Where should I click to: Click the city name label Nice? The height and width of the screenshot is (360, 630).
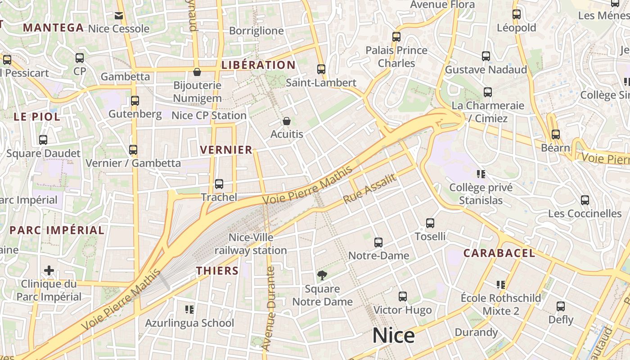(393, 336)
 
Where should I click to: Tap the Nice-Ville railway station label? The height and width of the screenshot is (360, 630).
(251, 244)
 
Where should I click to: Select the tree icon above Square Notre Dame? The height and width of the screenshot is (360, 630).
(322, 275)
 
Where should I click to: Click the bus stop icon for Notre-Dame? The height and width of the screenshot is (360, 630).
(378, 243)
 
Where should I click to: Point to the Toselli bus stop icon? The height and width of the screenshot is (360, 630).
(430, 223)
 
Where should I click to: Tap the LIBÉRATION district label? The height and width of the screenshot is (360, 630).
(258, 65)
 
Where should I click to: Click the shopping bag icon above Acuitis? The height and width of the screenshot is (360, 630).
(287, 121)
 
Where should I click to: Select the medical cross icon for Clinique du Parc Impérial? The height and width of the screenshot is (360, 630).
(49, 270)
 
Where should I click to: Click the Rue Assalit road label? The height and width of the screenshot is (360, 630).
(370, 189)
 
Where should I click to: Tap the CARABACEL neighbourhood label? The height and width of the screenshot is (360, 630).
(499, 253)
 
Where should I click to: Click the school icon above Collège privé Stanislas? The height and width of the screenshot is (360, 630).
(481, 174)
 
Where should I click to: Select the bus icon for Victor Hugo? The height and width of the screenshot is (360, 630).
(403, 297)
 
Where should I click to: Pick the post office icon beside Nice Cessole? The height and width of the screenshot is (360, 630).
(119, 16)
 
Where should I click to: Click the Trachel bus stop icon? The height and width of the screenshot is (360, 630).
(219, 184)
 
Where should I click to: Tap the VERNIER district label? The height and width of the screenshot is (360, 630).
(226, 150)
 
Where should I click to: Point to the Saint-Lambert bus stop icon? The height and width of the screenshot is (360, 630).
(321, 69)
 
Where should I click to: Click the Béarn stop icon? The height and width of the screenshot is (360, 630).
(556, 134)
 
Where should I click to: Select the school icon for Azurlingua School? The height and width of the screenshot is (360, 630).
(189, 309)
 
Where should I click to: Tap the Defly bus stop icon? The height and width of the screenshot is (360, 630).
(561, 306)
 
